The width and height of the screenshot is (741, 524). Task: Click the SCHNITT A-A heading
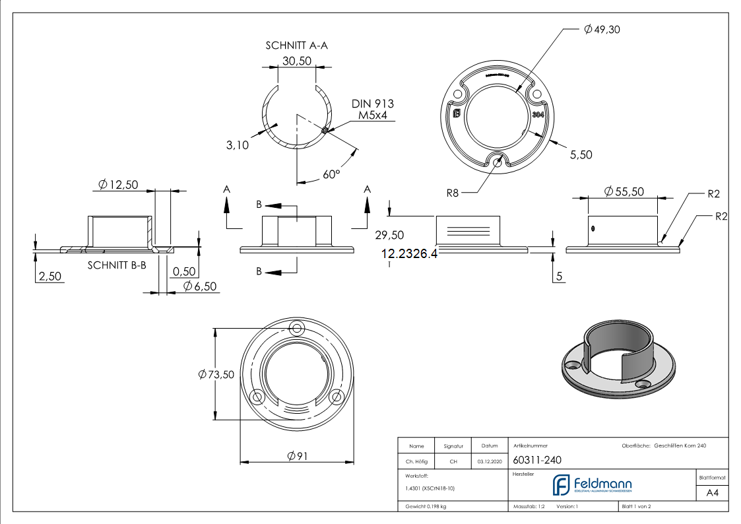point(296,46)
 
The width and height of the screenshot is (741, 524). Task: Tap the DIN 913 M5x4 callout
point(372,110)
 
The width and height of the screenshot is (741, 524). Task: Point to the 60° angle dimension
point(331,174)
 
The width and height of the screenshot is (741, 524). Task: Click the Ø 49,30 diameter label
point(602,30)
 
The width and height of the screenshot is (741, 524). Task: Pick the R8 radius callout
point(453,193)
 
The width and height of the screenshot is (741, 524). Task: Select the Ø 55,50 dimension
point(624,191)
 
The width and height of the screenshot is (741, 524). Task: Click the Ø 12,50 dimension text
point(118,185)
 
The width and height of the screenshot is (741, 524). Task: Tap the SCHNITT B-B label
point(117,265)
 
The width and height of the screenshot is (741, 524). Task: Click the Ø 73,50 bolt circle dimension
point(216,374)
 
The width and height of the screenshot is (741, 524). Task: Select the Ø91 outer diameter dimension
point(298,456)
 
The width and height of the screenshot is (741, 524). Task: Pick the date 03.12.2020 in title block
point(489,461)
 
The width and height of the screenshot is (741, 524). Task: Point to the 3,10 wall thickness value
point(237,145)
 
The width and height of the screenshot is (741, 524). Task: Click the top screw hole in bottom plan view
point(297,328)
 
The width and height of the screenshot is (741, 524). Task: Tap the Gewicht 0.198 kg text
point(426,506)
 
